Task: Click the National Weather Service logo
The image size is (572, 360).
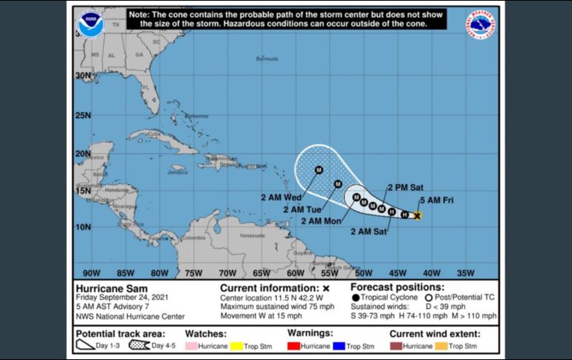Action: pos(481,24)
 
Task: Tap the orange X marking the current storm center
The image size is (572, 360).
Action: pos(417,216)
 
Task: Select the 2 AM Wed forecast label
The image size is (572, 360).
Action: pos(281,197)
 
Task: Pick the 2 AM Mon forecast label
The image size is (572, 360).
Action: pos(321,220)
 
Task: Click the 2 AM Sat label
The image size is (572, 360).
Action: pos(370,231)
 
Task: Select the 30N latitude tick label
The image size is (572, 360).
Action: pos(83,75)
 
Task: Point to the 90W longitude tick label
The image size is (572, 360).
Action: pos(91,272)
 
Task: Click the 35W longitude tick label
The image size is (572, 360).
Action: pos(465,272)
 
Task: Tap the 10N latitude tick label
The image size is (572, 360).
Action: pos(83,226)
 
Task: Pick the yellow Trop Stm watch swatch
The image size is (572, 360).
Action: pos(242,347)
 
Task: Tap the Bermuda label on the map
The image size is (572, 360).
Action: pos(267,59)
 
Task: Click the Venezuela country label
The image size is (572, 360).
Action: pos(253,235)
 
